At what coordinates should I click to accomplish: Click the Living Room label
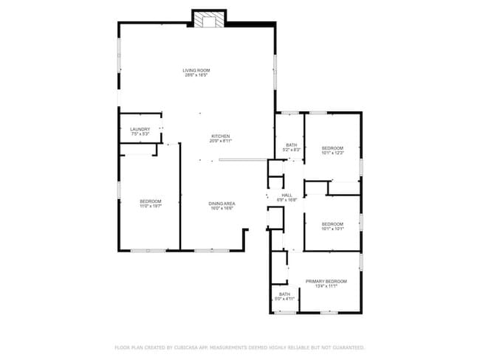tap(196, 70)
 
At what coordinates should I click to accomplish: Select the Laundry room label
tap(140, 129)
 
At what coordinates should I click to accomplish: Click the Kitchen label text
tap(221, 136)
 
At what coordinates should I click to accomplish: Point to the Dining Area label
tap(222, 203)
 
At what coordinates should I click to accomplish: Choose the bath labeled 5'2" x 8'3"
tap(291, 145)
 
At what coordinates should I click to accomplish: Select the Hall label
tap(287, 195)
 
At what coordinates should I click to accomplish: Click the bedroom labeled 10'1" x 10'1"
tap(332, 224)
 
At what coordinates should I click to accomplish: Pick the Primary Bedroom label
tap(326, 281)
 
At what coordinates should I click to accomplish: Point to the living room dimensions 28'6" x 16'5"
tap(196, 75)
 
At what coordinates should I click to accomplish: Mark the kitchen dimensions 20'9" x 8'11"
tap(221, 141)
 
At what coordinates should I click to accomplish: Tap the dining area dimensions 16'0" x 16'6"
tap(222, 208)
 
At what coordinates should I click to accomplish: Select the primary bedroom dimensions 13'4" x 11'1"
tap(326, 286)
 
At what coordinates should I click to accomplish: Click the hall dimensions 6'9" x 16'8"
tap(287, 200)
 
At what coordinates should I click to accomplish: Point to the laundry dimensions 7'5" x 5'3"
tap(140, 134)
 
